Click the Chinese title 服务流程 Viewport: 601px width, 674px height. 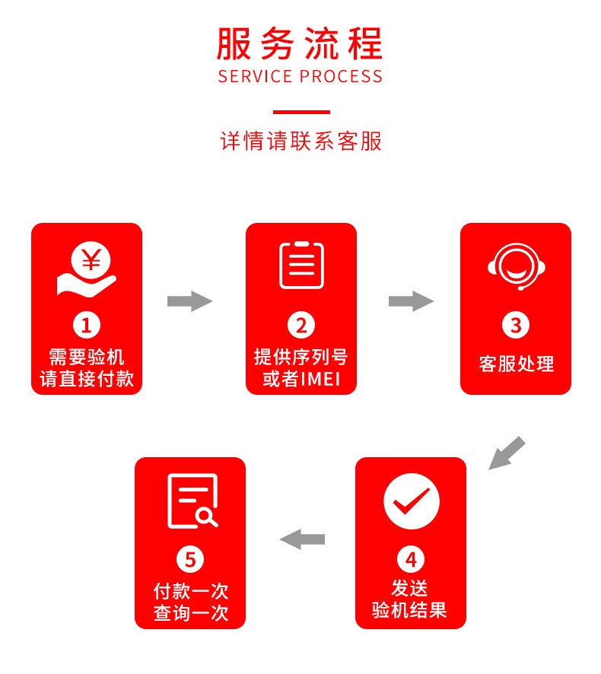coord(300,43)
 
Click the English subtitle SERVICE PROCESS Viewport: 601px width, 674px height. coord(300,77)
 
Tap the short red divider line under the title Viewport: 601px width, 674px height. coord(301,112)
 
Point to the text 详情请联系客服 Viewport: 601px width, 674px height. coord(300,141)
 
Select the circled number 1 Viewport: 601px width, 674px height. coord(87,326)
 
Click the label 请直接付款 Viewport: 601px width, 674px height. coord(87,379)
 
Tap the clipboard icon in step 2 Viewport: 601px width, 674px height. coord(301,265)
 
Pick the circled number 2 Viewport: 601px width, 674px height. coord(301,326)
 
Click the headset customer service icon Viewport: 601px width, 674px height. coord(517,266)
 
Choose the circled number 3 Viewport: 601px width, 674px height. coord(516,326)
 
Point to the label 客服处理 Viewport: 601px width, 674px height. coord(516,364)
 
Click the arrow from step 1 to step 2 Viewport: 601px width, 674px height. coord(189,301)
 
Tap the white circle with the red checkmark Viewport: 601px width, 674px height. coord(412,501)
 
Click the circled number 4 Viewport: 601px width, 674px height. coord(411,560)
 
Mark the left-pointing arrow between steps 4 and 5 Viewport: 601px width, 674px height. coord(302,539)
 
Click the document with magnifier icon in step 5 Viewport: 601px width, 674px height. coord(192,501)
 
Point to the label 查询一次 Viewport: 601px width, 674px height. coord(190,613)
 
